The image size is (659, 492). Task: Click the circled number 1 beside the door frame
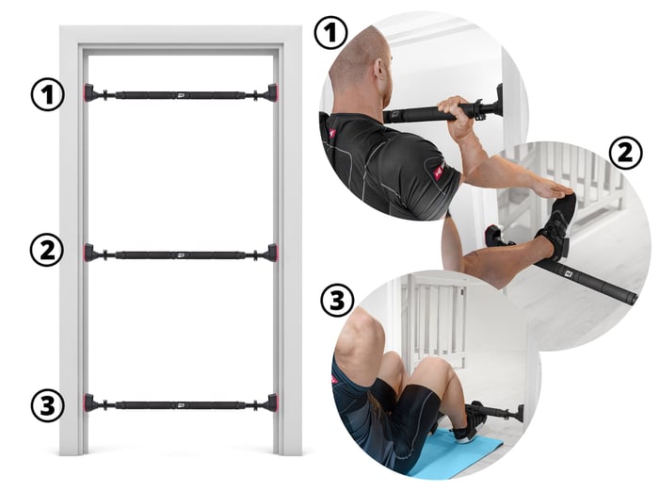(x=48, y=94)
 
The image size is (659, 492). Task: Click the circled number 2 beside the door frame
(x=47, y=250)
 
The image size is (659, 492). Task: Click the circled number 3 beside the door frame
(x=47, y=406)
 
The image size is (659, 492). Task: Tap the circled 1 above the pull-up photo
(x=331, y=32)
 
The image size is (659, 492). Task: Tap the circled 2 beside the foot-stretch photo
(x=626, y=153)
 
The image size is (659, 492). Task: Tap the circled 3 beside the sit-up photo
(x=337, y=301)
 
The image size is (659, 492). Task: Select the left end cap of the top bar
(x=89, y=93)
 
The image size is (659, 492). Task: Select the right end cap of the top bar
(x=272, y=93)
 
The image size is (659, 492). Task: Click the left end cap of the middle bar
(x=89, y=253)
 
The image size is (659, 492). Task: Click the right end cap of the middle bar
(x=272, y=253)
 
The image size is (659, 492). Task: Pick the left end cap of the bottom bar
(x=89, y=403)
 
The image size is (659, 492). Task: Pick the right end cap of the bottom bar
(x=272, y=403)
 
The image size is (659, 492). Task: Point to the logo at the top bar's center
(x=181, y=95)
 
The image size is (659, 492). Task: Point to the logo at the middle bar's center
(x=181, y=254)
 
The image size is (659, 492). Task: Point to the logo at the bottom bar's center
(x=181, y=405)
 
